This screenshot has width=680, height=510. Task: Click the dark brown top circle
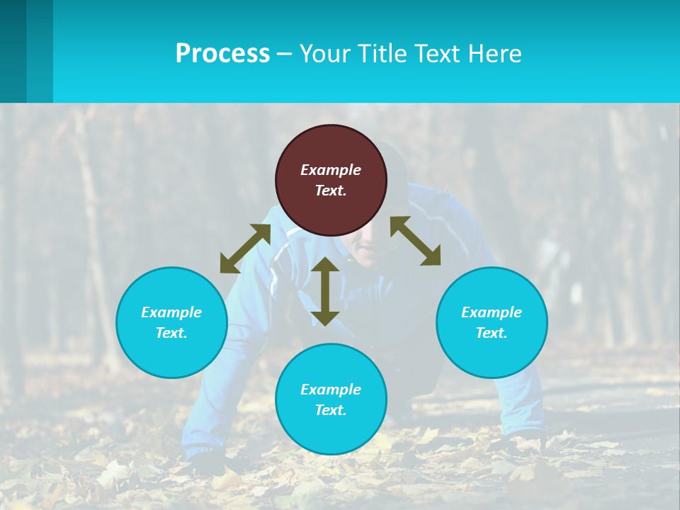331,180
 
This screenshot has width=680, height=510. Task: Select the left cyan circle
171,322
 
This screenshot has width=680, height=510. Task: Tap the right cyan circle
492,322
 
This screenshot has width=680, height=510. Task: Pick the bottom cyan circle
331,399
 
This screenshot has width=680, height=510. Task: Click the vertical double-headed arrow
325,291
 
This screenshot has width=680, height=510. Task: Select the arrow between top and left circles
245,249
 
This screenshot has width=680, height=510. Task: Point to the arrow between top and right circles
415,241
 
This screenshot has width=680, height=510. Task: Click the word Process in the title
222,54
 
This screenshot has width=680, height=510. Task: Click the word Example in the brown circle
331,170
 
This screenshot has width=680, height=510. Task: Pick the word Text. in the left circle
171,333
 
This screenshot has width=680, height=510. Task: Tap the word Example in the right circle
492,312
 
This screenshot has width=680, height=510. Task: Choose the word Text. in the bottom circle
331,410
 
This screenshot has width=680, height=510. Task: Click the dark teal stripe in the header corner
13,51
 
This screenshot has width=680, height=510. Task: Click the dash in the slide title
285,54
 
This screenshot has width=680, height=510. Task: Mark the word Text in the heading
437,54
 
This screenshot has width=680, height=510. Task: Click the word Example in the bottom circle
331,390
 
